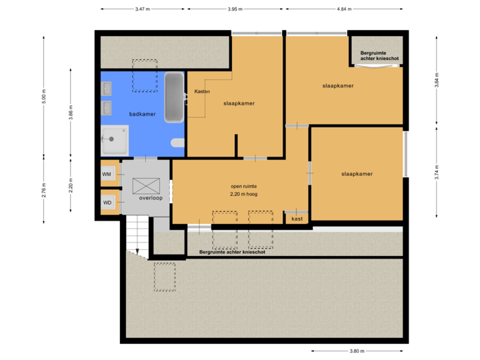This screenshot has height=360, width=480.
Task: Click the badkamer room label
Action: pos(142,114)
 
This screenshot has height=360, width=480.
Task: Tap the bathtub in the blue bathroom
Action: pos(174,97)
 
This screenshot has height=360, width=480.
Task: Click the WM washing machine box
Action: pos(107,174)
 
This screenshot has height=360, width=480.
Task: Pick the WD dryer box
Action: pos(107,201)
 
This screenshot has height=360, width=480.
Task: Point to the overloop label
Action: pos(151,199)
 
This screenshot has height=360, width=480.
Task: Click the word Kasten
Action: pos(203,91)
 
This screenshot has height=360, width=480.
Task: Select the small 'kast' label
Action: pos(297,218)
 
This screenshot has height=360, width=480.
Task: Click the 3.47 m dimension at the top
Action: pos(142,9)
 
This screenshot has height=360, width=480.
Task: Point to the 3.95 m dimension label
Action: pos(235,9)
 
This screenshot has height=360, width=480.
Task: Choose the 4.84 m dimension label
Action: pos(344,9)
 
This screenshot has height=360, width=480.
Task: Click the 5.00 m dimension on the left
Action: pos(44,96)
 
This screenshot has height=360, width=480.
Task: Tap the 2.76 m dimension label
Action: pos(44,190)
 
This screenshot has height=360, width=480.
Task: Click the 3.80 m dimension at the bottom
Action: pos(357,351)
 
